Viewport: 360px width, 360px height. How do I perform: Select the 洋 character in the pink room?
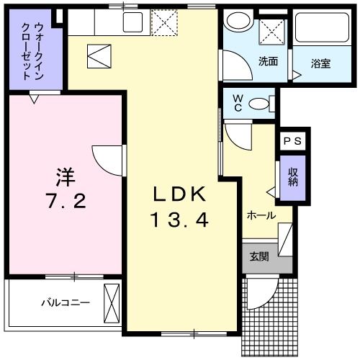66,176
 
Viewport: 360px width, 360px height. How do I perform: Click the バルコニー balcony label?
65,303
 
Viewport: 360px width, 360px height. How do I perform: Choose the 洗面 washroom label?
268,61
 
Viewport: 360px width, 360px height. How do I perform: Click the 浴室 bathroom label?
321,63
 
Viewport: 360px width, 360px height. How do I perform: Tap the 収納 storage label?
292,177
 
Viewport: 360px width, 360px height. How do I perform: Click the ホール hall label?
261,215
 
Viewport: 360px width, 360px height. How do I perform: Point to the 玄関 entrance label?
259,256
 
